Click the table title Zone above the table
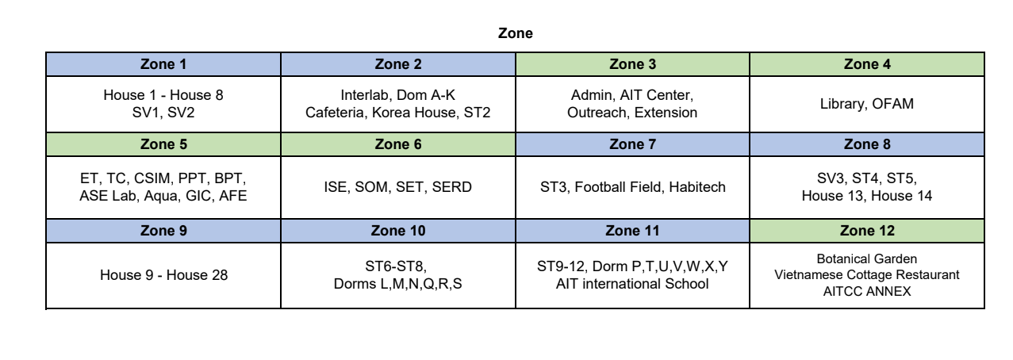pyautogui.click(x=515, y=33)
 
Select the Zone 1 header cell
pyautogui.click(x=163, y=64)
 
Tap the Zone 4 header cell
pyautogui.click(x=867, y=64)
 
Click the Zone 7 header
pyautogui.click(x=632, y=144)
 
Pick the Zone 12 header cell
pyautogui.click(x=867, y=231)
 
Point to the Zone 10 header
pyautogui.click(x=398, y=231)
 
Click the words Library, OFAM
pyautogui.click(x=867, y=104)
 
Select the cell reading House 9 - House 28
pyautogui.click(x=163, y=275)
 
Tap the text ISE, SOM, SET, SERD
pyautogui.click(x=398, y=187)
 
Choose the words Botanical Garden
pyautogui.click(x=867, y=259)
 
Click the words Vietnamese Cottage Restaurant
pyautogui.click(x=867, y=274)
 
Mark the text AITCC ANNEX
pyautogui.click(x=867, y=291)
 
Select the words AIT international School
pyautogui.click(x=632, y=284)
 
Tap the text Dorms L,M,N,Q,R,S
pyautogui.click(x=398, y=284)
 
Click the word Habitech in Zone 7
pyautogui.click(x=697, y=187)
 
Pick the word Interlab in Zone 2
pyautogui.click(x=366, y=95)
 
